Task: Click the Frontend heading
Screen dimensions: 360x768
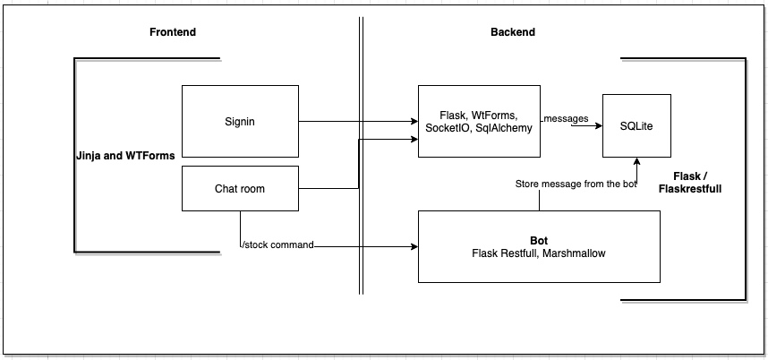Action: pos(172,32)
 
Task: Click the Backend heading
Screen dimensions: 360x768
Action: pos(512,32)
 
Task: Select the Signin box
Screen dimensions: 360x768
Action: pos(240,121)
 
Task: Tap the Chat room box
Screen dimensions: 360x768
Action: pos(240,188)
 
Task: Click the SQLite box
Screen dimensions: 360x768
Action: pos(636,125)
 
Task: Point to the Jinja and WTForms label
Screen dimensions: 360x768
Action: pos(125,155)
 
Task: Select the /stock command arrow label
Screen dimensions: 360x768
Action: pos(277,245)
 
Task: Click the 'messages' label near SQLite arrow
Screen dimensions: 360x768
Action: pos(566,118)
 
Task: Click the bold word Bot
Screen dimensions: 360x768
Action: pos(539,241)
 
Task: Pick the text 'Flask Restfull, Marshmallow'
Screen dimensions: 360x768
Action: pos(539,253)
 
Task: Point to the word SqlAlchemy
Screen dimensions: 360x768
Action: pos(506,128)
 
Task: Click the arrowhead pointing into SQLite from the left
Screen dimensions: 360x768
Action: pos(597,126)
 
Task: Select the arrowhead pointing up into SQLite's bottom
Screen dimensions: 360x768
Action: pos(636,163)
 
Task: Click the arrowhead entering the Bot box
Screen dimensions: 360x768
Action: pos(414,245)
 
